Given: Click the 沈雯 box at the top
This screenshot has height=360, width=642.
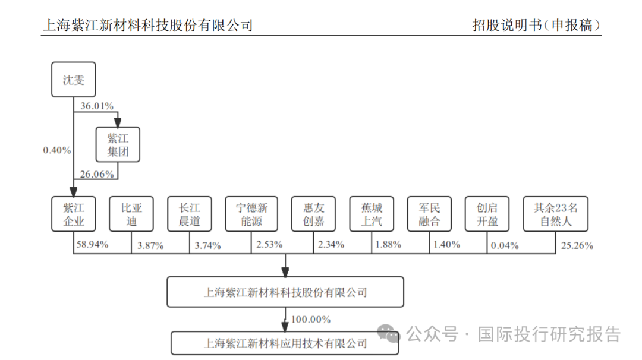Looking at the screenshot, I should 74,80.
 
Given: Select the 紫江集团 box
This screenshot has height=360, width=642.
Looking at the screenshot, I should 118,144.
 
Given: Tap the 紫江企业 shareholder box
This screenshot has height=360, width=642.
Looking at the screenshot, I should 74,214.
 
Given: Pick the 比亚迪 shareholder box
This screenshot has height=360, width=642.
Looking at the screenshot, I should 131,214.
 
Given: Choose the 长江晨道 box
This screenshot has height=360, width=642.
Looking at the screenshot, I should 189,214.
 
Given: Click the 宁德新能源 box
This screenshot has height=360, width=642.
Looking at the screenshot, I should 252,214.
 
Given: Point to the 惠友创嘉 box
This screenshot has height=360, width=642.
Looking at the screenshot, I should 314,214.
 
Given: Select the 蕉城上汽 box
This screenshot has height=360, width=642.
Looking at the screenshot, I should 372,214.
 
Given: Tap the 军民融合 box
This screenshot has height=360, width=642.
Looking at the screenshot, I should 429,214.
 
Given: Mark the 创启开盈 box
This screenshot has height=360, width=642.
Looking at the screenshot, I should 487,214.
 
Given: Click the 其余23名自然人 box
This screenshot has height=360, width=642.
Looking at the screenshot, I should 556,214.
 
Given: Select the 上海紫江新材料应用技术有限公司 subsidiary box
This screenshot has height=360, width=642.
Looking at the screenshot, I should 285,343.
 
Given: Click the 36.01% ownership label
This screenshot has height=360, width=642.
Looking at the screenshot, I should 95,106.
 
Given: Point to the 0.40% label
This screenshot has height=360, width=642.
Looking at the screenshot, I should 56,150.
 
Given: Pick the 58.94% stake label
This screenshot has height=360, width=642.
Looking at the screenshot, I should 92,244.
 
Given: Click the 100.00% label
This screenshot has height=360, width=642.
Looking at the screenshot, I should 310,320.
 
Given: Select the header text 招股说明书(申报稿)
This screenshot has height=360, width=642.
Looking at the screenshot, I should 536,26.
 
